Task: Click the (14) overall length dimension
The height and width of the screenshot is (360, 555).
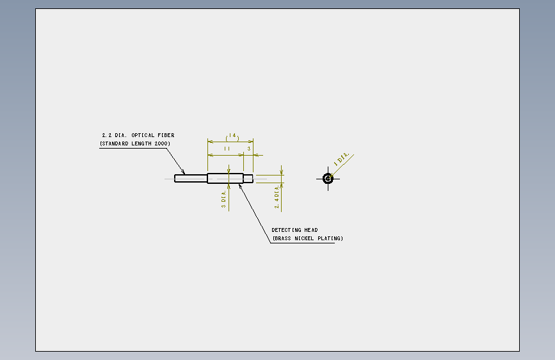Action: coord(232,137)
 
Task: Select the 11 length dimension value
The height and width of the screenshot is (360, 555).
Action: coord(227,149)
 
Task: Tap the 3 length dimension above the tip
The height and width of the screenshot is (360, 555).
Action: coord(249,149)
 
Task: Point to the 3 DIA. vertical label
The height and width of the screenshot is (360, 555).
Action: coord(223,199)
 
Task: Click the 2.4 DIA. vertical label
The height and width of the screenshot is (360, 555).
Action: coord(277,197)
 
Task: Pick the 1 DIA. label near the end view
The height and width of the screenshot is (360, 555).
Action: coord(342,159)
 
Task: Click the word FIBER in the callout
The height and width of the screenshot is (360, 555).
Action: coord(166,135)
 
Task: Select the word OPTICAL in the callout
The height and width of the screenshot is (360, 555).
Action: coord(143,135)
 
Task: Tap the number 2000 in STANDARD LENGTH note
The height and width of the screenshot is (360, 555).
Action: coord(161,143)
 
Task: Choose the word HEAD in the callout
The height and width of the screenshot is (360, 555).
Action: coord(310,230)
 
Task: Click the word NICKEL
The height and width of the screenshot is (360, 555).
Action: coord(305,238)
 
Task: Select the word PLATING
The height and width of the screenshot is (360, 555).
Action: coord(329,238)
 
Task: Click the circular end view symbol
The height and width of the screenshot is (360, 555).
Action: coord(328,179)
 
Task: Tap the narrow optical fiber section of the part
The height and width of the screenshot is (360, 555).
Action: coord(191,179)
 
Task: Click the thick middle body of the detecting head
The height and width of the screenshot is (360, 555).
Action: coord(225,178)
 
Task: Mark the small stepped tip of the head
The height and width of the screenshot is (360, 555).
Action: coord(248,179)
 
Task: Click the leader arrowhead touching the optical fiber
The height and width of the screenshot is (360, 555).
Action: coord(183,172)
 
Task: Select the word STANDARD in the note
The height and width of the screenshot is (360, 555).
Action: coord(115,143)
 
